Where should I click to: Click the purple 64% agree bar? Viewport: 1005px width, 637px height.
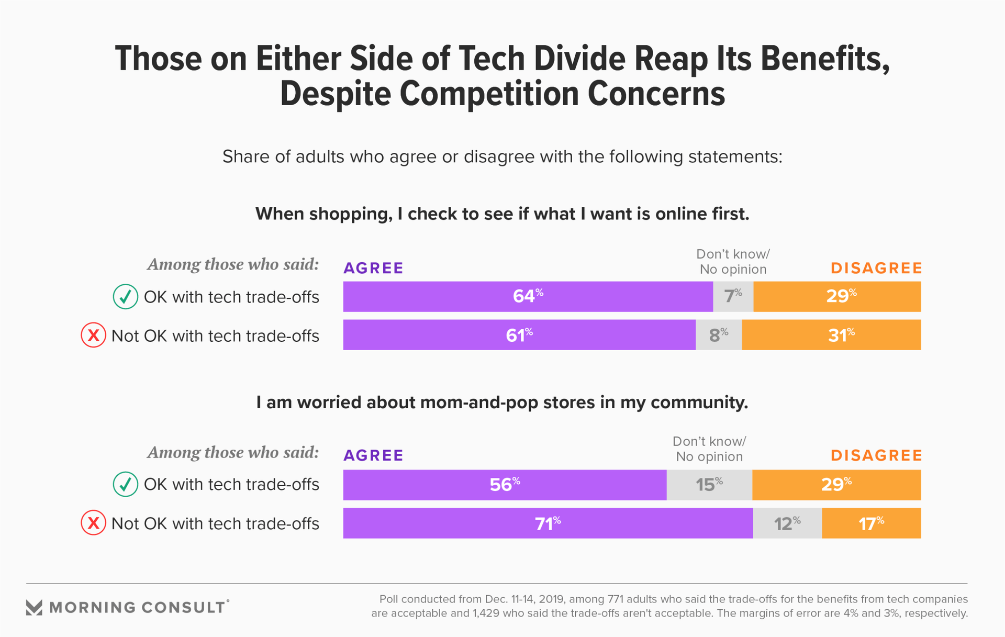(528, 297)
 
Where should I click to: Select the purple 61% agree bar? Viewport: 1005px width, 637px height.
(519, 335)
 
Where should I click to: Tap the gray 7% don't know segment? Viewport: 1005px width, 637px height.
(733, 297)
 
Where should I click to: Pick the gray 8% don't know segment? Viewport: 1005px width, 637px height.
(719, 335)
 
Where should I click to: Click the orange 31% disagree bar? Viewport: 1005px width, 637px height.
(831, 335)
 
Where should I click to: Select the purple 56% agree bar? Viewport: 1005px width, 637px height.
(505, 485)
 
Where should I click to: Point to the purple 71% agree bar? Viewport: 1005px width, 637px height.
(548, 523)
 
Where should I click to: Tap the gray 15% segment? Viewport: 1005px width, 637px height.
(709, 485)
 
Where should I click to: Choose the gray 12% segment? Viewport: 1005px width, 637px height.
(787, 523)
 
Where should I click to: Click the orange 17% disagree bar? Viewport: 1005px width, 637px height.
(871, 523)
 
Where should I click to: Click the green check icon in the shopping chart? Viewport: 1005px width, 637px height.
(126, 297)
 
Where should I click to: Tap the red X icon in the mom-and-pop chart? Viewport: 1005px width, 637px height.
(93, 523)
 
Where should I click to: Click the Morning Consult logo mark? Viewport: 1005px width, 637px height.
(34, 607)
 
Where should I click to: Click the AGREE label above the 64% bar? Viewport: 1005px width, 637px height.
(373, 268)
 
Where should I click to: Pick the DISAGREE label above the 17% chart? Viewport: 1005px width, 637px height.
(876, 455)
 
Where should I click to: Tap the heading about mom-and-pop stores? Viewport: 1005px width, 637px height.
(502, 402)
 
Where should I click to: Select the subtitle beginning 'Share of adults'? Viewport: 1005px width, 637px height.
(502, 157)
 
